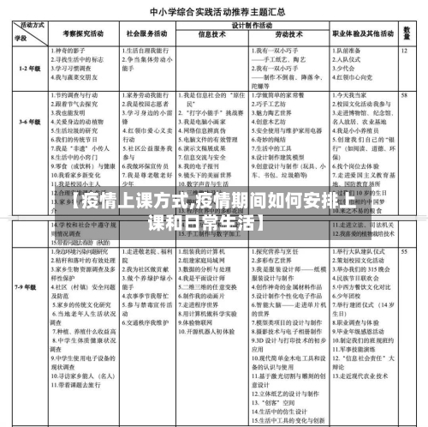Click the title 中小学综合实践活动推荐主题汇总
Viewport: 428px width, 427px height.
click(x=214, y=13)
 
